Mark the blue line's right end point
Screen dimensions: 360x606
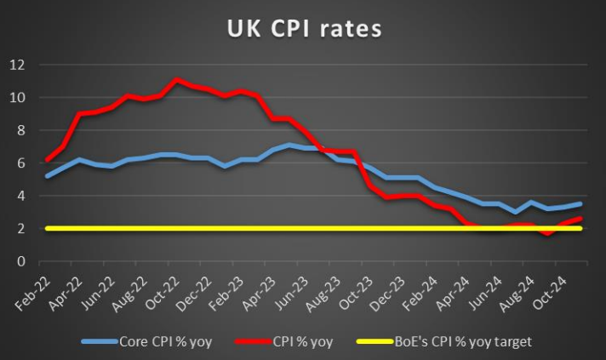click(x=581, y=203)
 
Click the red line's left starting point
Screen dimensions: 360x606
click(x=47, y=160)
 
